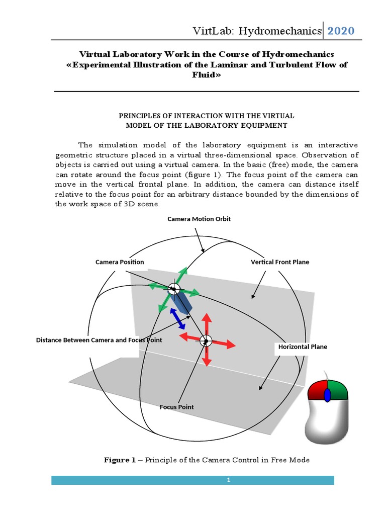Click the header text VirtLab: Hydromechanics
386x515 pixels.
[257, 31]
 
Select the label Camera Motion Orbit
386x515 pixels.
[199, 219]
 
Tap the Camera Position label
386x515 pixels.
[120, 262]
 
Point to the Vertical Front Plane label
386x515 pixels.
[280, 262]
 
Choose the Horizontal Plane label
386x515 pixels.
[303, 347]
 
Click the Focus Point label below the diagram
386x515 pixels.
[176, 407]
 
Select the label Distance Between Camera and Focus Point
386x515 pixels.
[99, 340]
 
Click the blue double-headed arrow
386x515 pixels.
[176, 318]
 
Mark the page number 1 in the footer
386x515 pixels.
[228, 480]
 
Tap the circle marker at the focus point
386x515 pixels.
[206, 341]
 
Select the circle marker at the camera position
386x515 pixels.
[173, 289]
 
